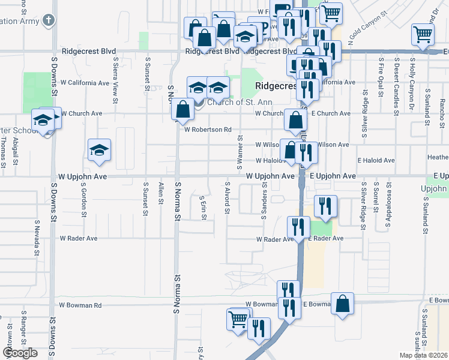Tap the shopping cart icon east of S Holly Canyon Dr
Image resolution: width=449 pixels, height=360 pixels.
click(x=423, y=36)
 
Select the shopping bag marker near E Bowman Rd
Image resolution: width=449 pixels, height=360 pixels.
click(x=342, y=304)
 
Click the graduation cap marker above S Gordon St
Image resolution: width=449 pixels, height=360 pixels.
click(x=99, y=151)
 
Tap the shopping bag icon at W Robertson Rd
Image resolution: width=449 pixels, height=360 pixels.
click(x=182, y=110)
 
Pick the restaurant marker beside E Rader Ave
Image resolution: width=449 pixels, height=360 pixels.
click(x=297, y=228)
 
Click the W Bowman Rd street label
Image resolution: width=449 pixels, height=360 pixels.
click(x=80, y=305)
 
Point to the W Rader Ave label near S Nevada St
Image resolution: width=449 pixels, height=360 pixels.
click(x=78, y=238)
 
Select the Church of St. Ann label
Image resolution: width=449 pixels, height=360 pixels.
click(x=231, y=102)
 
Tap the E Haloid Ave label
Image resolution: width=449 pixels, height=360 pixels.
click(x=376, y=161)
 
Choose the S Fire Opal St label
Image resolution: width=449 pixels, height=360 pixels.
click(x=380, y=79)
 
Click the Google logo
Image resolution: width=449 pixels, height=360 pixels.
click(x=20, y=353)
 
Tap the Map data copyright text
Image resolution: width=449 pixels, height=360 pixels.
click(x=423, y=355)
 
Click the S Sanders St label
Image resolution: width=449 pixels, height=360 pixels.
click(x=264, y=202)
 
